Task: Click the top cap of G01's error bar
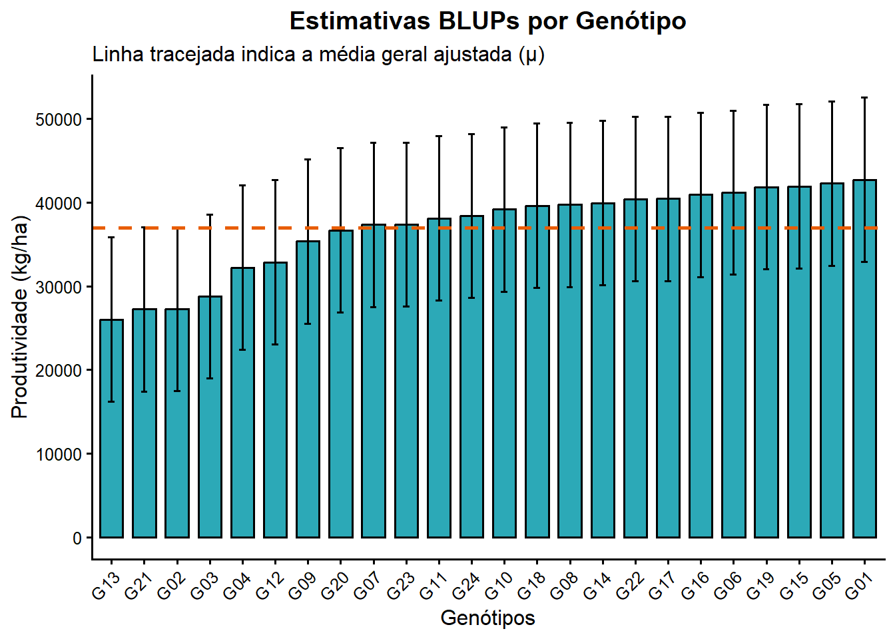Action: coord(864,98)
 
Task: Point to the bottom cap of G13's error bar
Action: coord(111,401)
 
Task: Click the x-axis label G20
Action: coord(334,586)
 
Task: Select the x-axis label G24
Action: coord(465,586)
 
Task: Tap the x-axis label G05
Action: coord(826,586)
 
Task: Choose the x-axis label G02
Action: coord(170,586)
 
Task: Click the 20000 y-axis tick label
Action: coord(58,371)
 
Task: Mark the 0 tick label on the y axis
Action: coord(77,538)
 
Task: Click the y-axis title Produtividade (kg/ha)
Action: coord(21,317)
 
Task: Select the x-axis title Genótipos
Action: coord(487,618)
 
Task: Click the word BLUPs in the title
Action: coord(479,21)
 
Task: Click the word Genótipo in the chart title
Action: coord(631,21)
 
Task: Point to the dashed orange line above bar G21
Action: coord(144,228)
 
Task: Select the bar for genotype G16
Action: coord(701,365)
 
